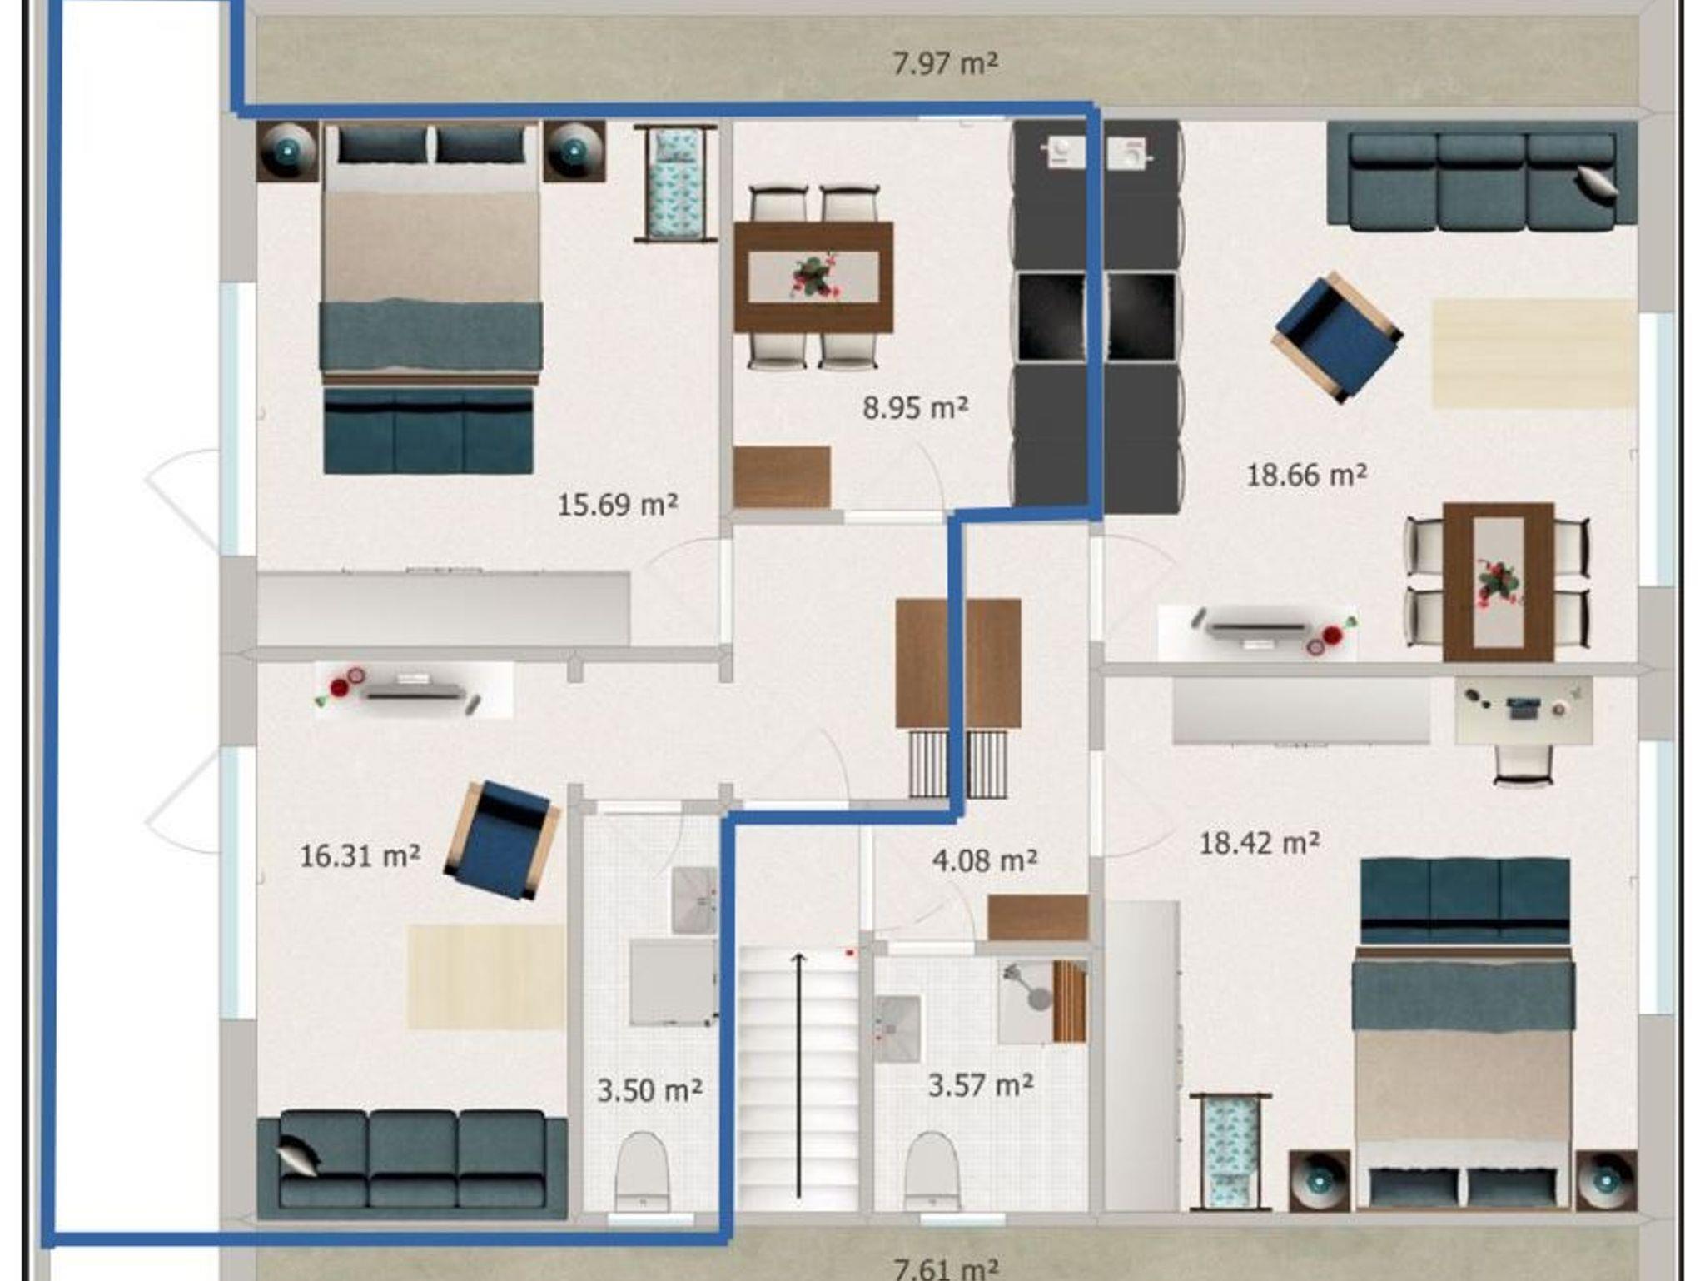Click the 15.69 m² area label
pos(618,505)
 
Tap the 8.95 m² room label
pos(915,408)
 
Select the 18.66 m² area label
pos(1306,475)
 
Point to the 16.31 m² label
pos(360,855)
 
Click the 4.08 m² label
pos(985,860)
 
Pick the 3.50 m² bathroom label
pos(649,1090)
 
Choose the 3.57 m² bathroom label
pos(981,1085)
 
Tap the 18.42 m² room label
pos(1259,843)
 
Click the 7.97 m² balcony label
pos(945,63)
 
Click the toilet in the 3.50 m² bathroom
pos(642,1171)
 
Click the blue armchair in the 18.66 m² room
pos(1337,337)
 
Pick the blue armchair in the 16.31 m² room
pos(502,840)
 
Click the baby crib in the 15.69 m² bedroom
pos(675,184)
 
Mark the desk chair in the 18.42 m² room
pos(1524,764)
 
